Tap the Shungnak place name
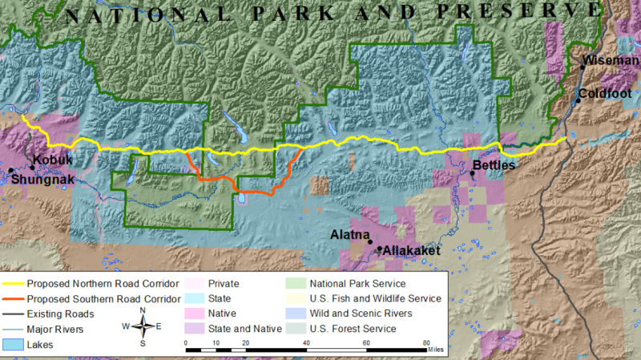click(x=44, y=180)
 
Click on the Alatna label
click(x=349, y=234)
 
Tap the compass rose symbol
click(x=143, y=326)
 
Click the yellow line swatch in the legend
click(x=14, y=284)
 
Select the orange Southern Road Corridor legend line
click(x=14, y=299)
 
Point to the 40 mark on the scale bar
click(x=307, y=342)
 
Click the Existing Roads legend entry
click(x=60, y=313)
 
